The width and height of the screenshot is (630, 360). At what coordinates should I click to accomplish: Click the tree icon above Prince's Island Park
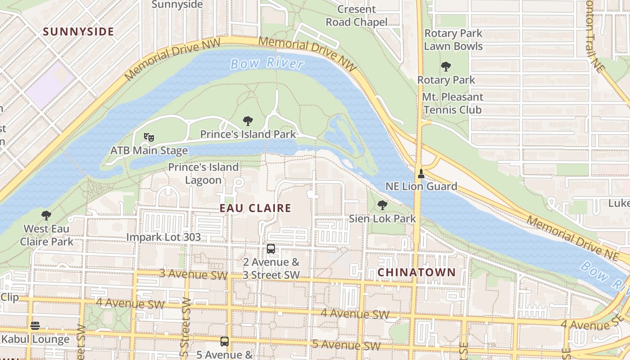(247, 121)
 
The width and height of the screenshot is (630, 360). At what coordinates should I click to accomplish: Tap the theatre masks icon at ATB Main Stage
(149, 137)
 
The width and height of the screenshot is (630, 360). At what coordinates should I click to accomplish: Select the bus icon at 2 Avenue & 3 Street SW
(271, 248)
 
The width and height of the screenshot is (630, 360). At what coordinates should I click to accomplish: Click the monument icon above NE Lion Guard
(421, 173)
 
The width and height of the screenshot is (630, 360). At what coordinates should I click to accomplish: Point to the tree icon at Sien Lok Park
(382, 205)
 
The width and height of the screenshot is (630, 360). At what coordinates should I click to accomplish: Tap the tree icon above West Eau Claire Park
(46, 215)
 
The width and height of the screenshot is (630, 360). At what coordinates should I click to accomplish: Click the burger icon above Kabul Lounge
(35, 326)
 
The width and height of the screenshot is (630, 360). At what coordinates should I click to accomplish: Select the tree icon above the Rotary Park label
(446, 67)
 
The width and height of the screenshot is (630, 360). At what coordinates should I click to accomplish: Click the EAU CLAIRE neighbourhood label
(255, 208)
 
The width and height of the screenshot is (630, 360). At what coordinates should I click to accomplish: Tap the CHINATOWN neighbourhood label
(416, 272)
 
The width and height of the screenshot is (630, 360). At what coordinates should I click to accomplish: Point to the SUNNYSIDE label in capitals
(78, 32)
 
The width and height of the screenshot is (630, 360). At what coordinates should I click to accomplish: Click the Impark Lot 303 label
(163, 237)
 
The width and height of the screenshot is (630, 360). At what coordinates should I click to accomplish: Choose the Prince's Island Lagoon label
(203, 173)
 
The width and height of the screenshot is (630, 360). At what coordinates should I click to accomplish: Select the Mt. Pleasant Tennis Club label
(452, 103)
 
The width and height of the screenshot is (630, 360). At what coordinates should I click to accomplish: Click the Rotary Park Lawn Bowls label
(453, 40)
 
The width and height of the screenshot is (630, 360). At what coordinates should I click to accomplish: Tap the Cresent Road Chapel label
(356, 15)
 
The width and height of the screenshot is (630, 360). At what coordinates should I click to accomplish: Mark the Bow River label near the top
(267, 63)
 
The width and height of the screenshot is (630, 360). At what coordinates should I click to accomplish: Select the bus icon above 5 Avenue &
(225, 341)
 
